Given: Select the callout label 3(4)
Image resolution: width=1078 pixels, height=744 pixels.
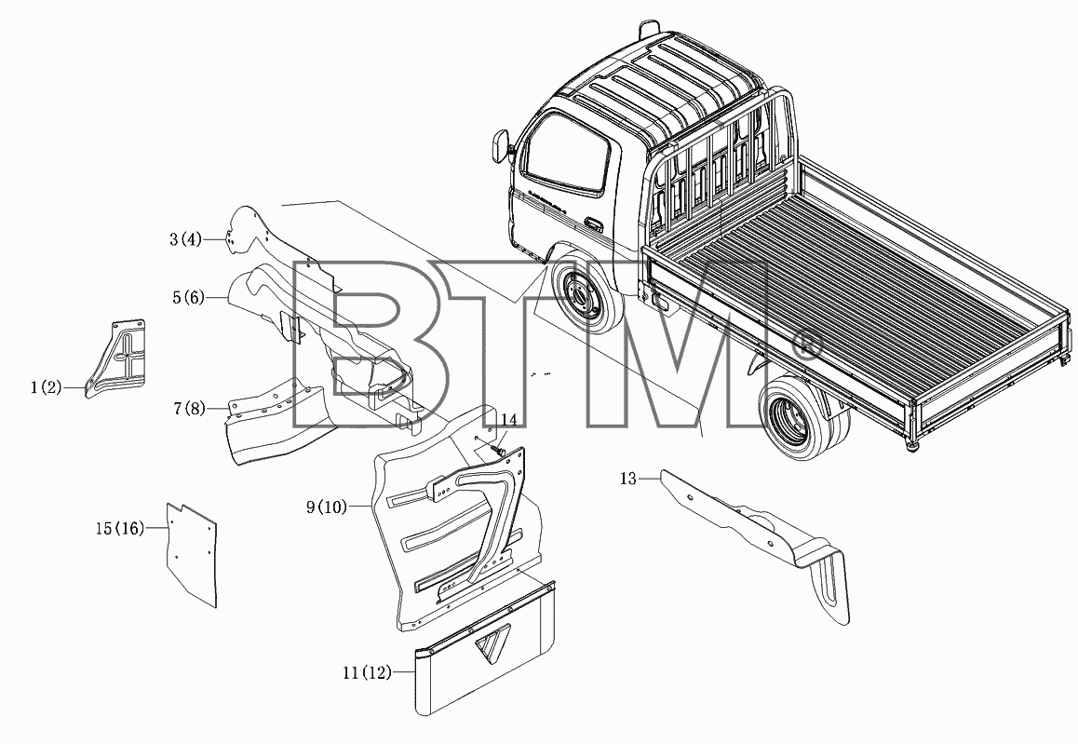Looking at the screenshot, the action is point(185,239).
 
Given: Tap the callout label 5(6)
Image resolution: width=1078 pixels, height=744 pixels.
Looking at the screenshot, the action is point(188,298).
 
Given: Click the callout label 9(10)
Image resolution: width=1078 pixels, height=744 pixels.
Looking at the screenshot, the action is point(328,507).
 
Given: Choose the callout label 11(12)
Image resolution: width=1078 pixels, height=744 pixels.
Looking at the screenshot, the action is point(367,672).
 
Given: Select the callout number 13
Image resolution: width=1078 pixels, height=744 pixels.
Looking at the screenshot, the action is point(628,478).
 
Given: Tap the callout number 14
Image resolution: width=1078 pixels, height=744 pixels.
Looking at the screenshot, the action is point(508,419).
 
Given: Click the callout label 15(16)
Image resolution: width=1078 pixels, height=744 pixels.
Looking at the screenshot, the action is point(120,528).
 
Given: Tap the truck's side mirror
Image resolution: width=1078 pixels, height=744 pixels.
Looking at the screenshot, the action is point(501,143).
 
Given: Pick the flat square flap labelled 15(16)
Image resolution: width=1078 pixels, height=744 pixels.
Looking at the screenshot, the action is point(192,554).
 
